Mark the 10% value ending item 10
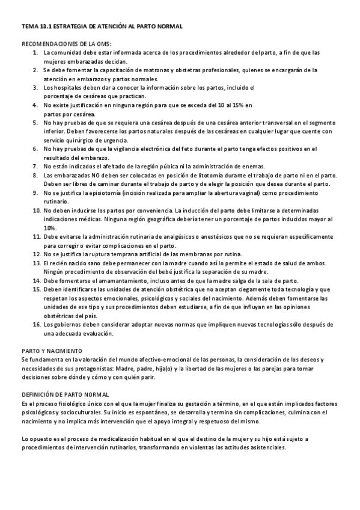(x=49, y=228)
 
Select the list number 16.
(x=36, y=325)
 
